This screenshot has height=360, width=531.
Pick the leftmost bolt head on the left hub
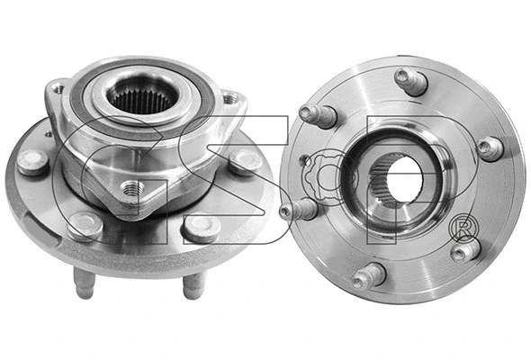click(33, 162)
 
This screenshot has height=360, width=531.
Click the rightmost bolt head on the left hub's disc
click(244, 162)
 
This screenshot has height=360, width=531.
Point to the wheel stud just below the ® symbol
click(465, 251)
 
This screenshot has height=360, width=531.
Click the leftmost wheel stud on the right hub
click(300, 211)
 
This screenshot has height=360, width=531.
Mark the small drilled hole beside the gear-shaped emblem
click(305, 162)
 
